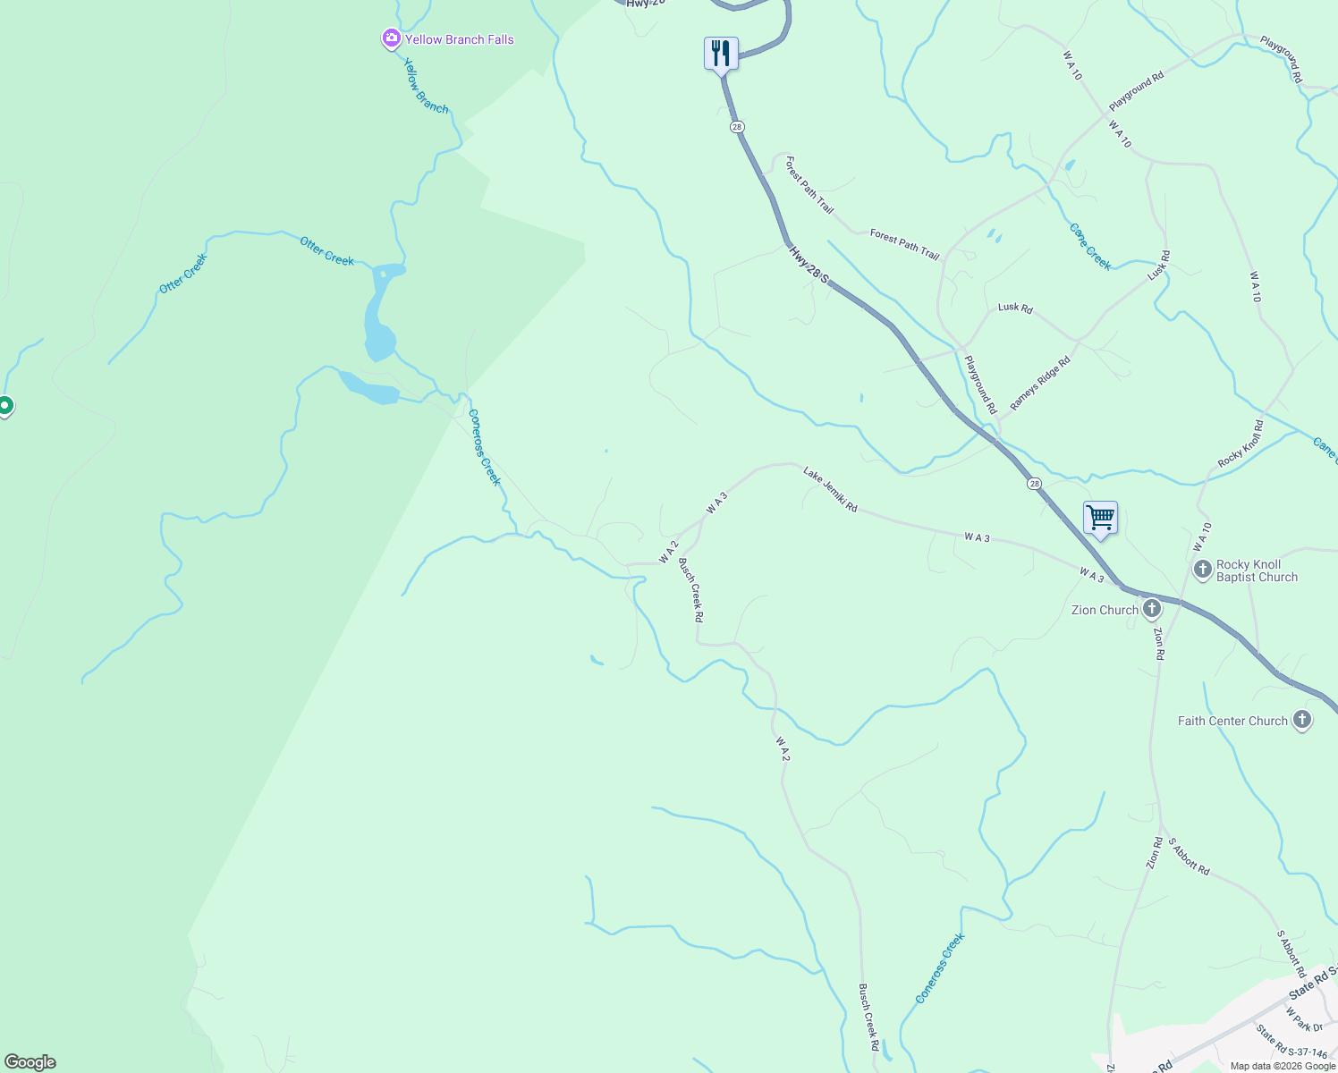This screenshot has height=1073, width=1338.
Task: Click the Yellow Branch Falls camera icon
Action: click(x=391, y=38)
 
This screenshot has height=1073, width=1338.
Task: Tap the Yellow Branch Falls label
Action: click(x=459, y=39)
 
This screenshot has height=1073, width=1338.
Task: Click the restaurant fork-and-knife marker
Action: click(x=721, y=53)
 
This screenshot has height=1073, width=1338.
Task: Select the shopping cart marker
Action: click(x=1100, y=518)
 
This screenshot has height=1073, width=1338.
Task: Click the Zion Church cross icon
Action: click(x=1152, y=610)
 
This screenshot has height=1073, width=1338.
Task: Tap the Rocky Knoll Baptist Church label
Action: click(x=1257, y=570)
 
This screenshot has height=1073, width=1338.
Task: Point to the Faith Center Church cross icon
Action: click(x=1302, y=720)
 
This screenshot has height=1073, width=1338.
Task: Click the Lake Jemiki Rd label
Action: click(x=830, y=489)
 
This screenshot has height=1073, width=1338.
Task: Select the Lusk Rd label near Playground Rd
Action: click(x=1015, y=308)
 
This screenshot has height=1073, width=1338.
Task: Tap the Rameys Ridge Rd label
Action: click(x=1040, y=384)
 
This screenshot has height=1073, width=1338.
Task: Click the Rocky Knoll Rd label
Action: click(x=1241, y=444)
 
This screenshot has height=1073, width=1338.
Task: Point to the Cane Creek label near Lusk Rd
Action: click(x=1090, y=247)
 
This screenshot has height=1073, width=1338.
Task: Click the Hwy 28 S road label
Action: click(x=809, y=266)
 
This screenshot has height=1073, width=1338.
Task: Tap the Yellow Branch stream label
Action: click(x=426, y=86)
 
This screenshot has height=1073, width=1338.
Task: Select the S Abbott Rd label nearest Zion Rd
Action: click(x=1189, y=857)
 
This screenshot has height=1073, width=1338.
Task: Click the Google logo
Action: click(x=30, y=1062)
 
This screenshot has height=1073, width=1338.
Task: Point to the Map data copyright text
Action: click(x=1283, y=1066)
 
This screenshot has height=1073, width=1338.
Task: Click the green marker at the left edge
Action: click(x=4, y=406)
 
